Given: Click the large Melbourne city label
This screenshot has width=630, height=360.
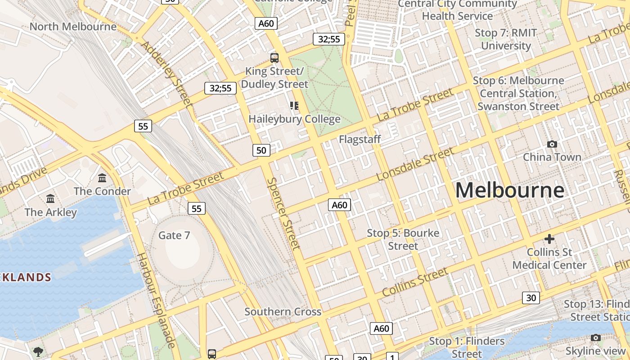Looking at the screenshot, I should [509, 190].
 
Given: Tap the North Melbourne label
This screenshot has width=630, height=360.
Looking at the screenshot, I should [73, 27].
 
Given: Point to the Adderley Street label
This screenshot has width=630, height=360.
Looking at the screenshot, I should [166, 74].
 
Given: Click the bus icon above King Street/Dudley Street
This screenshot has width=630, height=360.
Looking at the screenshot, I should [274, 58].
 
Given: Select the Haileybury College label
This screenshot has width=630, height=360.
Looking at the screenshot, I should [294, 119].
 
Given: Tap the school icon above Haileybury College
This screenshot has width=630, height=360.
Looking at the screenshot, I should [294, 106].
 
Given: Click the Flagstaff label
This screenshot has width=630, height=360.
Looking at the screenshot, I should [360, 139].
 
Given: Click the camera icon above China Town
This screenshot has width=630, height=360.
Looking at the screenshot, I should [552, 144].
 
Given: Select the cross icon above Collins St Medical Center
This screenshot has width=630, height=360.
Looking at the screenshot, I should [549, 239].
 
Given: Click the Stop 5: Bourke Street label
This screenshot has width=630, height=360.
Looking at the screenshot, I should [403, 239].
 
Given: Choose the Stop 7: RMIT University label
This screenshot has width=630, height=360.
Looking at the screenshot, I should [506, 39].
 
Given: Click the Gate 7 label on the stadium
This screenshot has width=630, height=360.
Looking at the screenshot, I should [174, 235].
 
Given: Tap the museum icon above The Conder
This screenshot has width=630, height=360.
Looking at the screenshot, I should [102, 178].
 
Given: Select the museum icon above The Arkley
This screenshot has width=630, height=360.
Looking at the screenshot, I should [50, 198].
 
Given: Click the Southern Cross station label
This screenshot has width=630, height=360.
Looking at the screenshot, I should [283, 311].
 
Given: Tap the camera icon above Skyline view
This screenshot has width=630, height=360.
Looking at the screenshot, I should [595, 338].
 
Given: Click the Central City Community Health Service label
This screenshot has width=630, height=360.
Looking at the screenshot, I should [457, 10].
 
